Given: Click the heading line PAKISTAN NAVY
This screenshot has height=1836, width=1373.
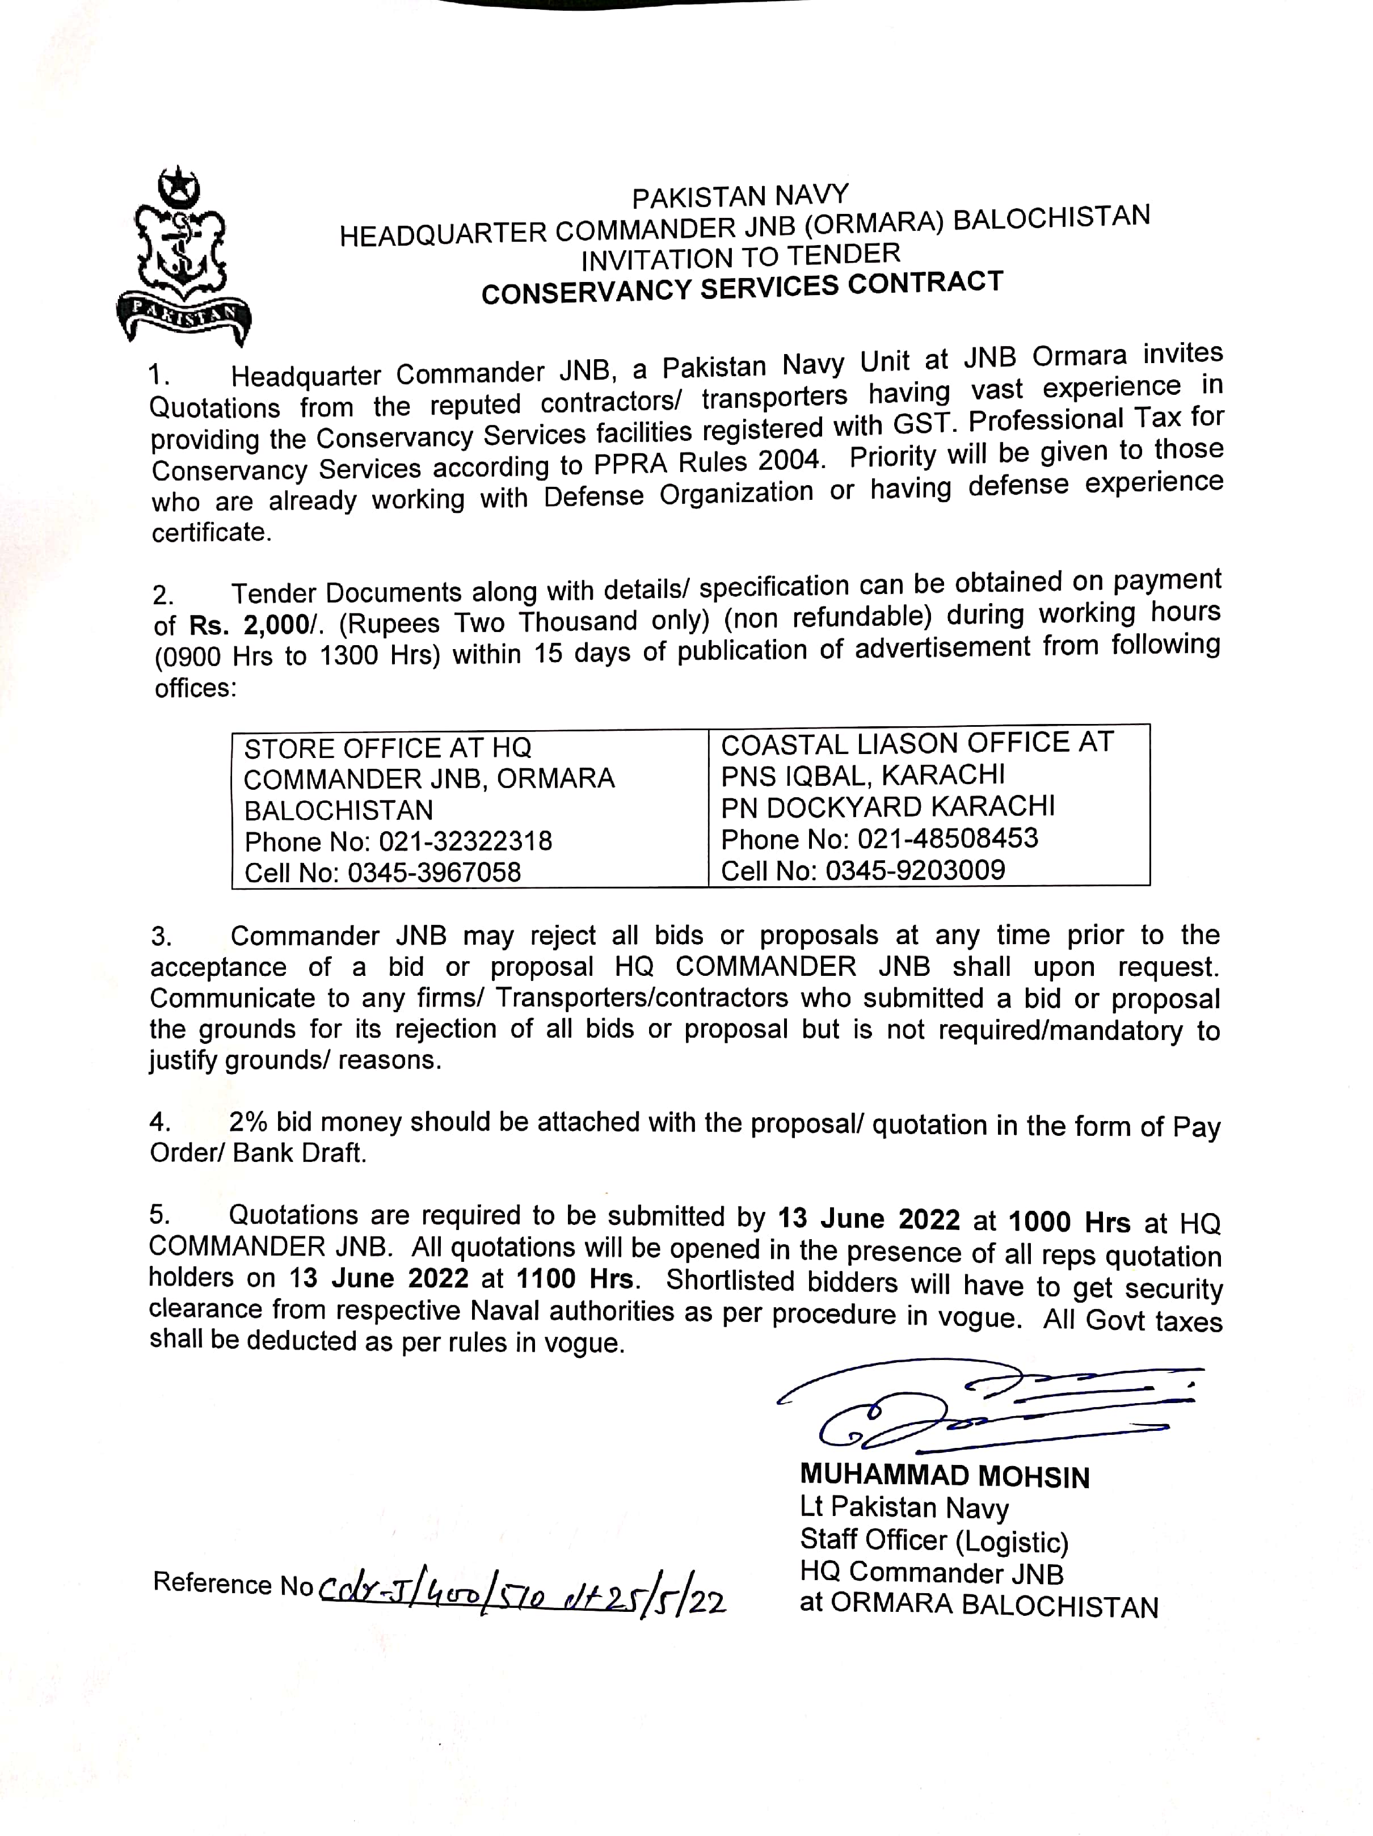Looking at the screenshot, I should (740, 197).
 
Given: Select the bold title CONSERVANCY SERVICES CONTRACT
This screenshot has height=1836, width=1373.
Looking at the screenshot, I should (742, 287).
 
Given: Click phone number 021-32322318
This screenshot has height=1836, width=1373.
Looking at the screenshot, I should (465, 841).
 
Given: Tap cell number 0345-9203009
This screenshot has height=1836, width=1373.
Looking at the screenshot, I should (915, 870).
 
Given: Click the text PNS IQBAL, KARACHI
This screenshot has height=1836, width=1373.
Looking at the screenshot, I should (862, 775).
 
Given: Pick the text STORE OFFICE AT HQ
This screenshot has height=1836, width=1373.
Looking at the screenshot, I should (388, 748).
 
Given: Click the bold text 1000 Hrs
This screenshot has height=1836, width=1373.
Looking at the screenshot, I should (1069, 1222).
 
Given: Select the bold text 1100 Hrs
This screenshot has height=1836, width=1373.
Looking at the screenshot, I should (574, 1278).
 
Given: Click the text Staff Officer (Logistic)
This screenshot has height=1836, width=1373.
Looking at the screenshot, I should (934, 1540).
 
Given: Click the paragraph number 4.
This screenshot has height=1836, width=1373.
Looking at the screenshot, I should (159, 1122).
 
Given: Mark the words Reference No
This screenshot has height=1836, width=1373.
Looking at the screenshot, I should (233, 1584).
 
